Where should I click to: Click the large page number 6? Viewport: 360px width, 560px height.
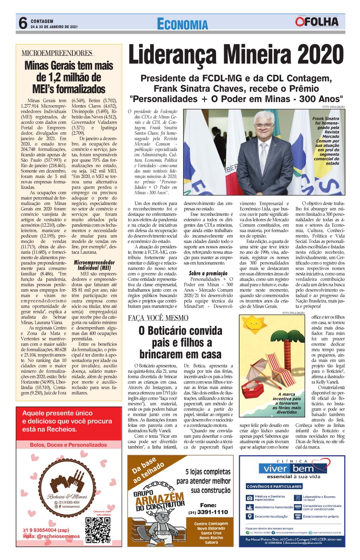[22, 23]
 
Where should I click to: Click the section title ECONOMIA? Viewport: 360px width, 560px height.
[183, 24]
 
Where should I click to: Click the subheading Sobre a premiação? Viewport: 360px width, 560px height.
[208, 273]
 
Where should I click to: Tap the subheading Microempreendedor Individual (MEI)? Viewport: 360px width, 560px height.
[94, 265]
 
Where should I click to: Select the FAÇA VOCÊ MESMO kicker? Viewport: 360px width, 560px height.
[158, 318]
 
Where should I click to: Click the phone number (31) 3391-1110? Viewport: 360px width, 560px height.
[208, 512]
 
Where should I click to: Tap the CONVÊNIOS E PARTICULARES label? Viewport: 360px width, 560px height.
[274, 486]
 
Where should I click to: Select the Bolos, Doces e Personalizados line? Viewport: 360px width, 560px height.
[68, 445]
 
